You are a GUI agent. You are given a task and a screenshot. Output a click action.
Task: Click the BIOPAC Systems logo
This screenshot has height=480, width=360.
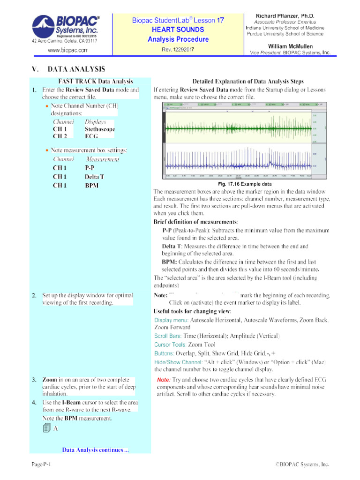coord(65,29)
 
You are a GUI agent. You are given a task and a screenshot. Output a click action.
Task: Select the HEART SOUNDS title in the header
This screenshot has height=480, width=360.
coord(178,30)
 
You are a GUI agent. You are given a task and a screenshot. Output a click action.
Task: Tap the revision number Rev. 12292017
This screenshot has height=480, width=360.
coord(178,49)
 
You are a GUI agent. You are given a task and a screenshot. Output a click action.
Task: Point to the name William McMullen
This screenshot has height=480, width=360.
coord(290,46)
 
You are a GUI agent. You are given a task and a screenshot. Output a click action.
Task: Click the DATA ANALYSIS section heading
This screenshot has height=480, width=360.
coord(73,69)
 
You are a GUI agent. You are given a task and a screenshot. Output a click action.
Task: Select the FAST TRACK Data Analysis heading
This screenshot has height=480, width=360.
coord(95,81)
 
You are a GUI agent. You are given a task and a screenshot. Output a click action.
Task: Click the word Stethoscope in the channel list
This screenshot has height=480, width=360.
coord(100,129)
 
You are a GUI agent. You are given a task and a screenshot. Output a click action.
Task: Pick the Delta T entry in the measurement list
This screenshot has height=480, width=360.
coord(94,177)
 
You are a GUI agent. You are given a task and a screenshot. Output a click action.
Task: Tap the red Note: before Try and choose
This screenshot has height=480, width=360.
coord(164,379)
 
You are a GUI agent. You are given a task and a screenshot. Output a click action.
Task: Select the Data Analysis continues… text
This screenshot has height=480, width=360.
coord(95,450)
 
